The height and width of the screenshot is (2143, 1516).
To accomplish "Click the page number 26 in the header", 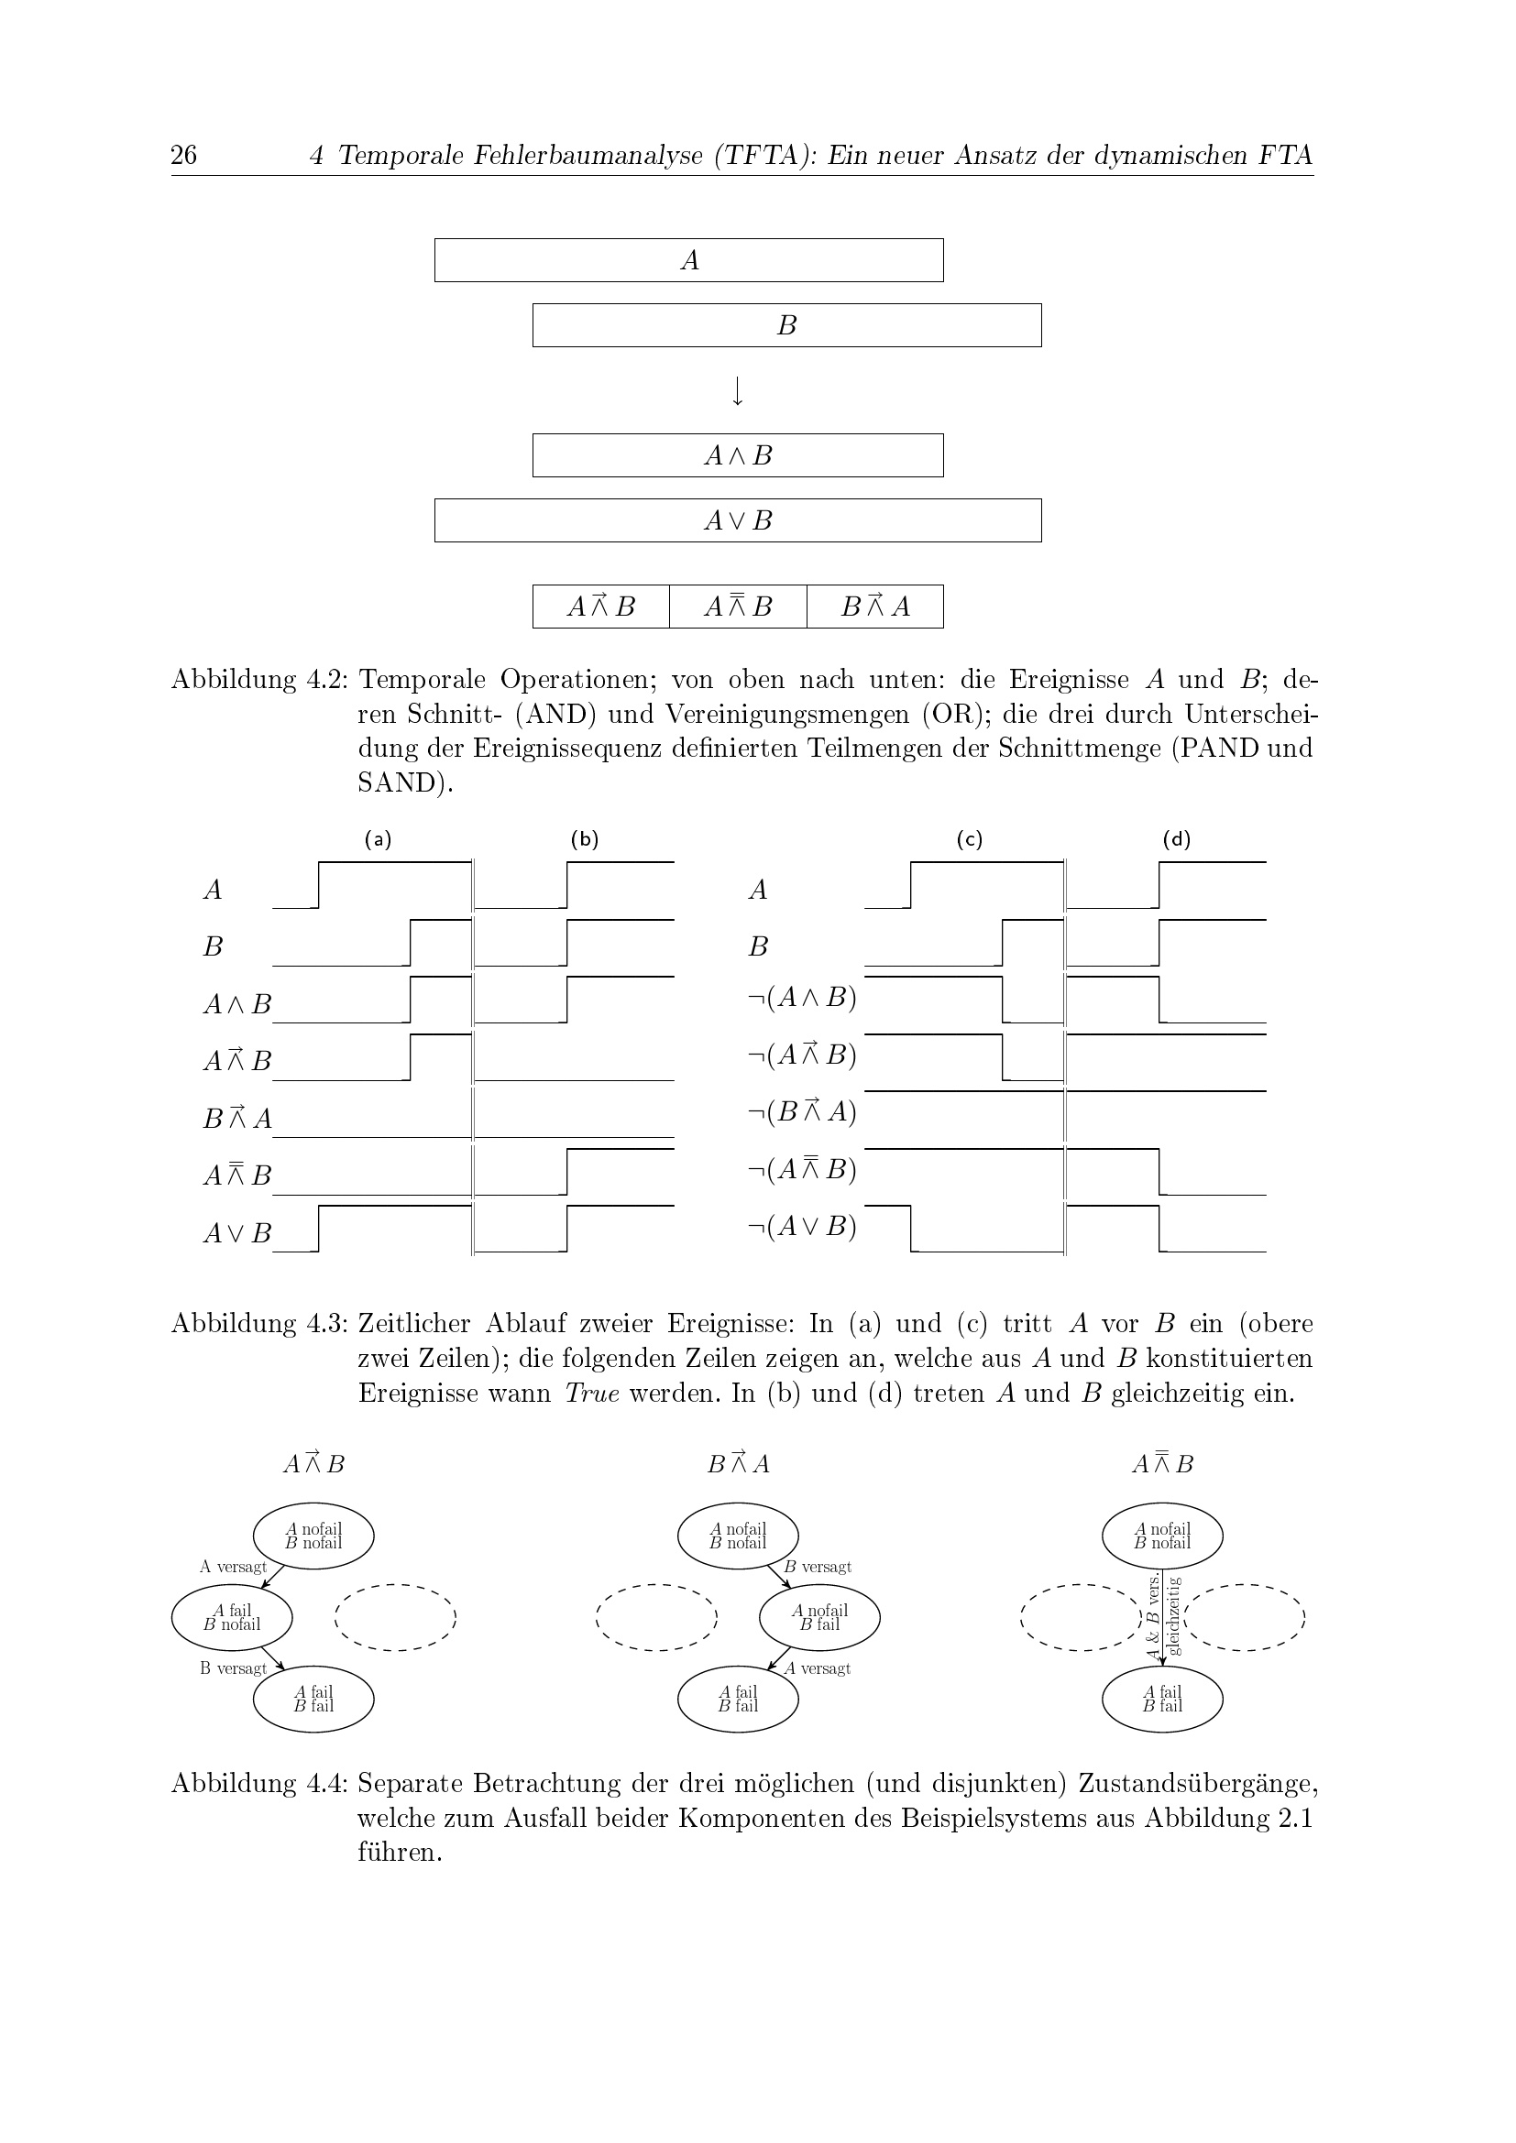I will coord(184,154).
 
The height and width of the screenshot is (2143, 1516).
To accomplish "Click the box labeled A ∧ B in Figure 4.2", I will coord(738,455).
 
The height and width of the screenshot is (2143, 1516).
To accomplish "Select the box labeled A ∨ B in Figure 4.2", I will coord(738,520).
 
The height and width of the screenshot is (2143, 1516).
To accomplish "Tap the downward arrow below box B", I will coord(738,391).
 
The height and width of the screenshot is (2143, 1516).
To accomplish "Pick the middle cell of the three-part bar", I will coord(738,607).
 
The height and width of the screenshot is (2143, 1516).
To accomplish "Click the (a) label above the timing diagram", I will coord(378,839).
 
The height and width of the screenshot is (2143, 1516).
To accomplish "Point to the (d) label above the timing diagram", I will coord(1176,839).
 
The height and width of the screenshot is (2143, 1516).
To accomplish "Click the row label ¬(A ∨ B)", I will coord(802,1227).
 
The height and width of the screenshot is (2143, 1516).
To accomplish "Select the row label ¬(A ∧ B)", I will coord(802,998).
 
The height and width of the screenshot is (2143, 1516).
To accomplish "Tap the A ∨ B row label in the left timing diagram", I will coord(237,1233).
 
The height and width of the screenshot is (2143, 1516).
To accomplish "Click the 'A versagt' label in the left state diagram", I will coord(233,1567).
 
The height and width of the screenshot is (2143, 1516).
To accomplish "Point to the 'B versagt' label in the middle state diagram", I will coord(818,1567).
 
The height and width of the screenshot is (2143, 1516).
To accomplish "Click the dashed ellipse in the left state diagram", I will coord(395,1617).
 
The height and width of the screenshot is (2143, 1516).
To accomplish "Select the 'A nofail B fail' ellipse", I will coord(819,1617).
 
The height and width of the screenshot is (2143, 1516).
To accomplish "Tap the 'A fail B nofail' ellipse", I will coord(232,1617).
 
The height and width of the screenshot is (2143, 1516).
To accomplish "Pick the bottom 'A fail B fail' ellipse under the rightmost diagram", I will coord(1162,1699).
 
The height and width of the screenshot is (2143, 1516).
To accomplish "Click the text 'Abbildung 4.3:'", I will coord(258,1324).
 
